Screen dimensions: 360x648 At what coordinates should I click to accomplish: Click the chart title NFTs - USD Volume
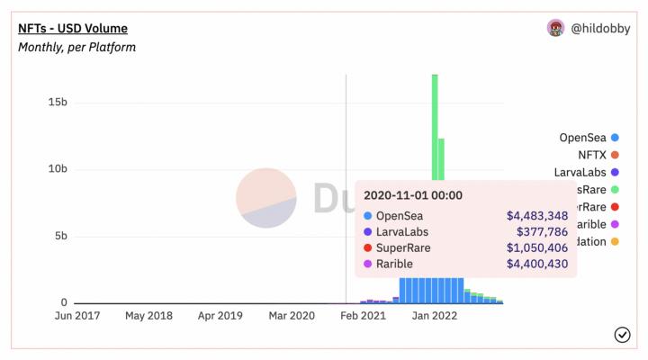tap(73, 29)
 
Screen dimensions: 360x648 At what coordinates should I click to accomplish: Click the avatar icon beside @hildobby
tap(556, 28)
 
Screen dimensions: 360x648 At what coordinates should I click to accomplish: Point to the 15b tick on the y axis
tap(58, 103)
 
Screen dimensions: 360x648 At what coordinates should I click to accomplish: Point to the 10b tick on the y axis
tap(58, 169)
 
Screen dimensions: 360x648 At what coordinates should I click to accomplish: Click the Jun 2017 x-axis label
tap(76, 317)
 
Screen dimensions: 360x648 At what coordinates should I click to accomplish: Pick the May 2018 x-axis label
tap(148, 317)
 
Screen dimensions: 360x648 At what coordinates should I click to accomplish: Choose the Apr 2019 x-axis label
tap(220, 317)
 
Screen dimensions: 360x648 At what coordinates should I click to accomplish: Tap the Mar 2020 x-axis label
tap(292, 317)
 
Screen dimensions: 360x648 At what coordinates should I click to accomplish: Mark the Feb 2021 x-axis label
tap(364, 317)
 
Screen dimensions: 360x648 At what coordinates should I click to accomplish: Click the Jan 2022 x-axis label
tap(435, 317)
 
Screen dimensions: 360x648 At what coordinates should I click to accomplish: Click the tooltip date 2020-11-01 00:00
tap(413, 194)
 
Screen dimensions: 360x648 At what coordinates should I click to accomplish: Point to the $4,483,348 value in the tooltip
tap(536, 216)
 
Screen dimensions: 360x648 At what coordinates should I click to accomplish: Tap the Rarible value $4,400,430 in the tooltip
tap(536, 264)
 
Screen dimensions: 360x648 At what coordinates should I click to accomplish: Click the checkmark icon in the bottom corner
tap(622, 335)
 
